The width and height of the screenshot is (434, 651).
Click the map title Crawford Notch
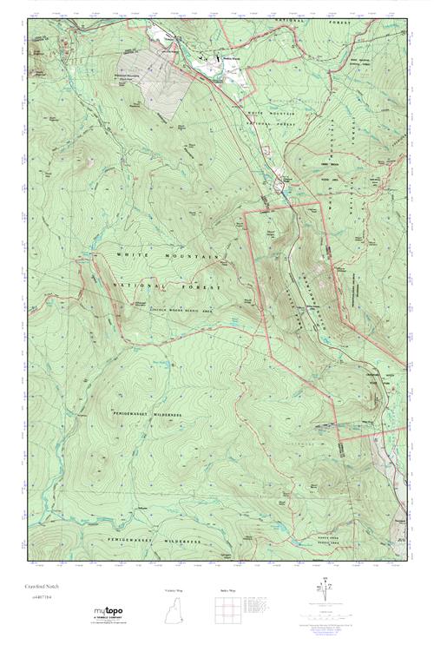tap(43, 587)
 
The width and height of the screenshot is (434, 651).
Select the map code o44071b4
tap(40, 597)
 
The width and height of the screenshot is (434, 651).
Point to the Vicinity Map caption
tap(174, 590)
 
